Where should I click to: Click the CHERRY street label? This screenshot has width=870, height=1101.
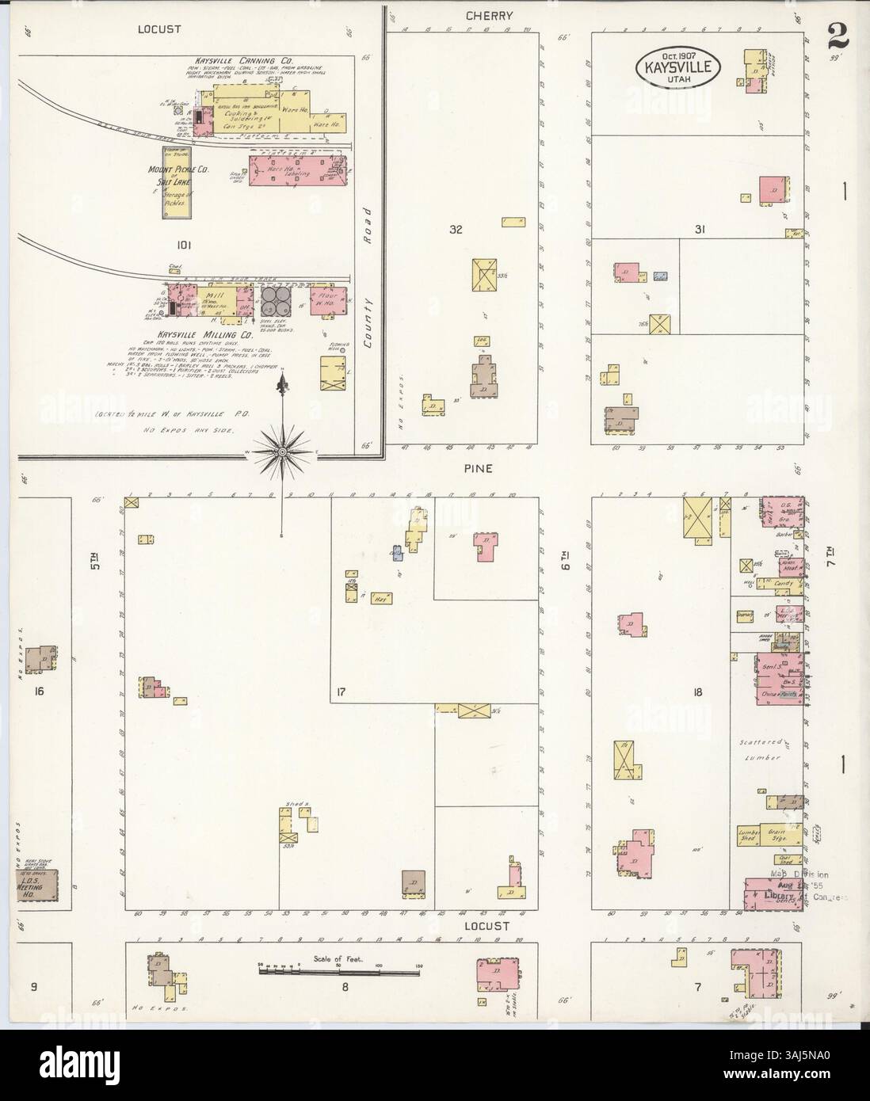coord(478,15)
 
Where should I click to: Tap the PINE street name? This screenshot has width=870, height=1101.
coord(479,469)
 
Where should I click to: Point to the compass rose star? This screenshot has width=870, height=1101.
coord(281,452)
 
